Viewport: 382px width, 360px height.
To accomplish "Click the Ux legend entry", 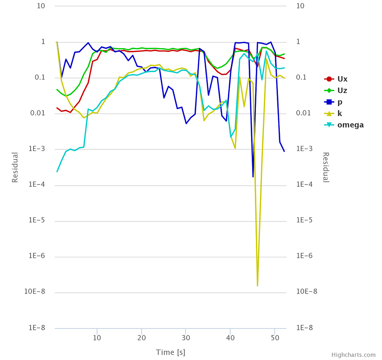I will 342,79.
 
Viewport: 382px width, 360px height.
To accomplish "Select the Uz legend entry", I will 342,90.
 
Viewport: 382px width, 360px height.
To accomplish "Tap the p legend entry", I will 340,102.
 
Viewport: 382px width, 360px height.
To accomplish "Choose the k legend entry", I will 339,114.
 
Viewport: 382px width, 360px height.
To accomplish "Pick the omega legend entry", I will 350,125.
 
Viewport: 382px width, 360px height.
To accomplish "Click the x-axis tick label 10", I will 97,338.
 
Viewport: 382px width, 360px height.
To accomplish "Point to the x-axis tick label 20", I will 141,338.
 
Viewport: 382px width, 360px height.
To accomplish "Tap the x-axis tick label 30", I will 186,338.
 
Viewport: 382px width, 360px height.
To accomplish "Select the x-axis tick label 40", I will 230,338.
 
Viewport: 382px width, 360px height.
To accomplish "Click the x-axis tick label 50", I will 275,338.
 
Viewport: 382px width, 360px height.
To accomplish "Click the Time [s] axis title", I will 170,352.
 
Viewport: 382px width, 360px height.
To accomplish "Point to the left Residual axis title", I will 15,167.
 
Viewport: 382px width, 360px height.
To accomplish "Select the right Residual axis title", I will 326,167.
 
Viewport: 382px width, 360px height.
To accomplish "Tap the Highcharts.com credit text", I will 353,355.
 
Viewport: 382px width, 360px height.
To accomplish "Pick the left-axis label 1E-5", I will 37,220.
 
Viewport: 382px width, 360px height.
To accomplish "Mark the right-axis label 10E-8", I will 307,292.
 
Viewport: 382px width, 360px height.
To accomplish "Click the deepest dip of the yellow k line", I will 257,286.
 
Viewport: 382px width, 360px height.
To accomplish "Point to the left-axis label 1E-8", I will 37,328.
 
